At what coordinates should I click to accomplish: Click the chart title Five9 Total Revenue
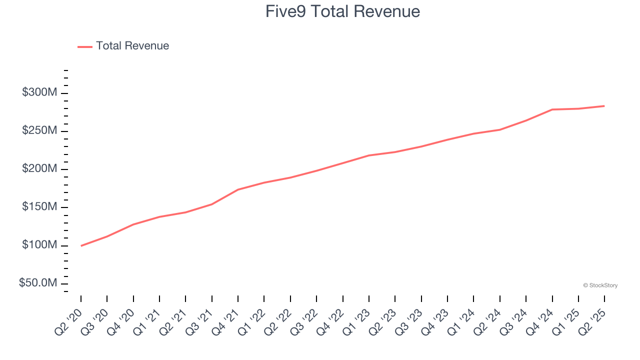pos(342,11)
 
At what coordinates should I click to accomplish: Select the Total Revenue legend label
pos(132,46)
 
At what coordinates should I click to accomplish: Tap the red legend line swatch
pos(85,46)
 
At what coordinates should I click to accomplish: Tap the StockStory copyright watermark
pos(600,285)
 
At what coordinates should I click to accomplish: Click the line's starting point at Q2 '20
pos(81,245)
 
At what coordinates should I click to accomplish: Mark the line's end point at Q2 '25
pos(604,106)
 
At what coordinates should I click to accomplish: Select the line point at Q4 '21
pos(238,189)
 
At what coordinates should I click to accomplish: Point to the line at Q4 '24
pos(552,109)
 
